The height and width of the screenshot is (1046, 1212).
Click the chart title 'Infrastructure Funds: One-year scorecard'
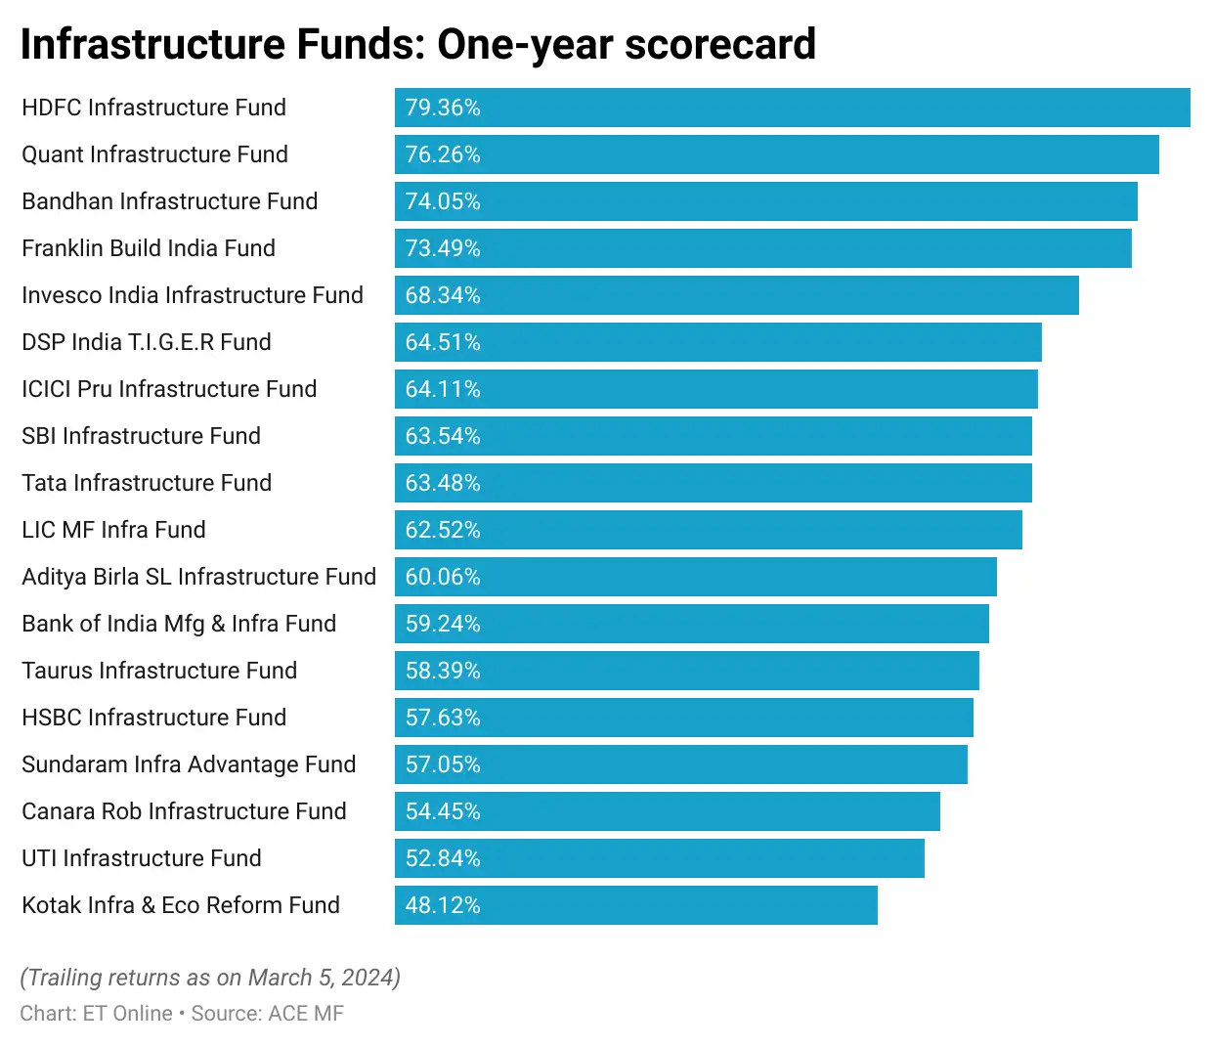[x=417, y=44]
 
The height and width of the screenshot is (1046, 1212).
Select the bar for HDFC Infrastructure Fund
[x=792, y=108]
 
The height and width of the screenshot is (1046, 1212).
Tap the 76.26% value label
[x=443, y=154]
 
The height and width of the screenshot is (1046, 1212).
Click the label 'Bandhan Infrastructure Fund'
[x=170, y=201]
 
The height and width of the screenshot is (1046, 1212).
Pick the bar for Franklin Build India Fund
[x=762, y=248]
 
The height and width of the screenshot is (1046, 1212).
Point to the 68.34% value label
[x=443, y=295]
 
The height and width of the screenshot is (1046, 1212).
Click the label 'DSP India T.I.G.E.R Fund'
[x=147, y=342]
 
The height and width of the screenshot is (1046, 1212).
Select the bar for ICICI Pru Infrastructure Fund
[x=715, y=389]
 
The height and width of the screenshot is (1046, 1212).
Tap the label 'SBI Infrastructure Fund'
[x=142, y=436]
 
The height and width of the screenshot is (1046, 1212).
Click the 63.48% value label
[x=443, y=483]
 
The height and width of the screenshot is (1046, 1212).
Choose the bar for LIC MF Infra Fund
[x=708, y=530]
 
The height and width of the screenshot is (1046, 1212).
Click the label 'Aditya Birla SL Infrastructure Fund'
[x=198, y=577]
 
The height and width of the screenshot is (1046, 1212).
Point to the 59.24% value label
[x=443, y=624]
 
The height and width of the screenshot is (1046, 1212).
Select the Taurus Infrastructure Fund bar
[x=686, y=671]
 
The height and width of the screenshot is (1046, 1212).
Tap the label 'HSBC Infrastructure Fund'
[x=154, y=718]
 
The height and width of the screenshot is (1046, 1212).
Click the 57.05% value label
[x=443, y=764]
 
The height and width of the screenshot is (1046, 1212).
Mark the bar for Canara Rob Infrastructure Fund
[x=667, y=811]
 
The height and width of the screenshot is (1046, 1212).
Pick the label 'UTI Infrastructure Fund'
[x=142, y=858]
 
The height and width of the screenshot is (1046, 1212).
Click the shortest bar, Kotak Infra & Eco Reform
[x=635, y=905]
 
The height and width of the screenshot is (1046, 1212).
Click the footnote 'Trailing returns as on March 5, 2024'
[x=210, y=978]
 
